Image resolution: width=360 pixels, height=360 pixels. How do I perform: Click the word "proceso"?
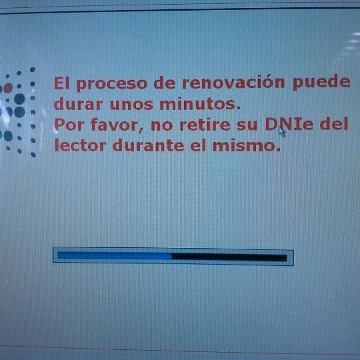coord(112,84)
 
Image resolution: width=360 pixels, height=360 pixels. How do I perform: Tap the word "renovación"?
coord(233,82)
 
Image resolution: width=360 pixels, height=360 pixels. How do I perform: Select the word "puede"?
coord(321,82)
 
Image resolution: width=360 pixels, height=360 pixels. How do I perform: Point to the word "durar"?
coord(78,104)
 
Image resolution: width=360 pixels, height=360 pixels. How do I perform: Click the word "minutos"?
coord(200,104)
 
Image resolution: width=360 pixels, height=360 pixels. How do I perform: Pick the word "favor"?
coord(117,125)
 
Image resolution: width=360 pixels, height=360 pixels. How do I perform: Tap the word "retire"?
coord(205,125)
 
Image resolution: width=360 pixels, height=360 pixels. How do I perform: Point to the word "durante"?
coord(149,145)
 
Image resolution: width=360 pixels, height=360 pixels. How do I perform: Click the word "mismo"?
coord(247,145)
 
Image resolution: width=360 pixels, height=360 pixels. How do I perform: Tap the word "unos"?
coord(131,104)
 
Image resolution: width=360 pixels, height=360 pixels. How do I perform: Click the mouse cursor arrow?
coord(282,132)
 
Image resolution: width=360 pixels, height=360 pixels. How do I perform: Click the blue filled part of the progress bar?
coord(115,255)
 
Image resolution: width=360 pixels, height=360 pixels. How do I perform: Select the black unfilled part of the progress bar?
coord(229,257)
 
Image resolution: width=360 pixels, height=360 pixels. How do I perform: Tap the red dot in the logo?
coord(8,88)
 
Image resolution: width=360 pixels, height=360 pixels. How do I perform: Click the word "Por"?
coord(69,125)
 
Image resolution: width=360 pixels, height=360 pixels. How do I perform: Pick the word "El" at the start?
coord(61,83)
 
